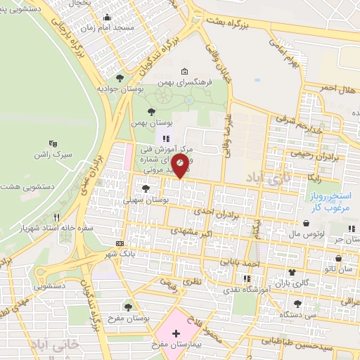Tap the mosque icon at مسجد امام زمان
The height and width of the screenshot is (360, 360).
pyautogui.click(x=106, y=18)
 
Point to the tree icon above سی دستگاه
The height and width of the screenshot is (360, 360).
pyautogui.click(x=298, y=304)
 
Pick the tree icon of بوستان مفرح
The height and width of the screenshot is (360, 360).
pyautogui.click(x=128, y=307)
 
